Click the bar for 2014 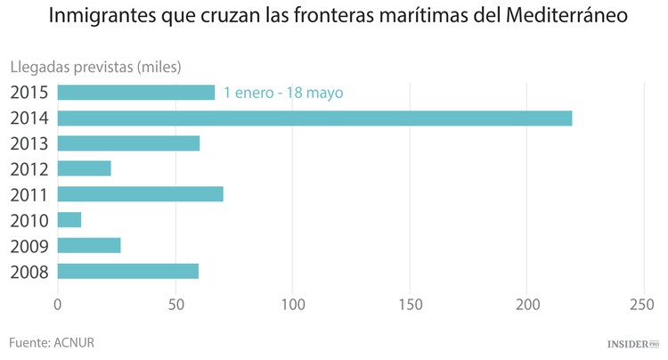pos(314,118)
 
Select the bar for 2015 pos(136,92)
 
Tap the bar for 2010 pos(69,220)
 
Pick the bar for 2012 pos(85,168)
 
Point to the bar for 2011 pos(140,194)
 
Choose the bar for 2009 pos(89,246)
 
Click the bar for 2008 pos(128,272)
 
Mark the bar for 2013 pos(128,143)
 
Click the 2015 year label pos(29,92)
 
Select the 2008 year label pos(29,272)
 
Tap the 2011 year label pos(29,194)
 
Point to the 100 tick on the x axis pos(292,305)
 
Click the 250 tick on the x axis pos(642,305)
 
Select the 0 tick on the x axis pos(58,305)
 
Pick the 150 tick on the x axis pos(410,305)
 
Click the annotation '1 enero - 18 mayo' pos(283,93)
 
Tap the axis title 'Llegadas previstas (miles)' pos(95,67)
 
